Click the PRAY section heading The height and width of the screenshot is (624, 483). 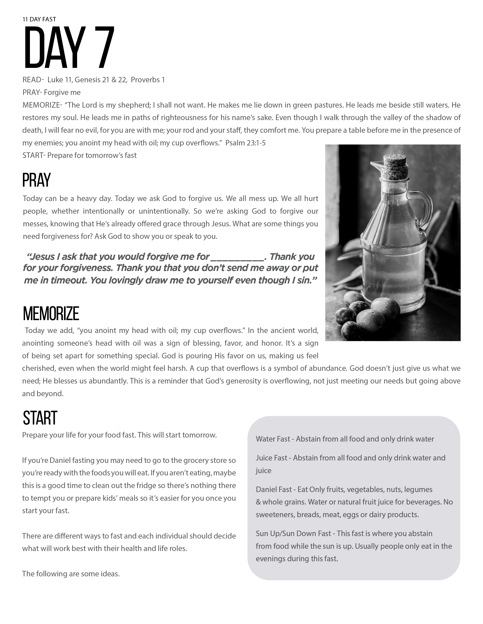pyautogui.click(x=36, y=180)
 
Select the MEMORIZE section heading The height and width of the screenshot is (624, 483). pyautogui.click(x=51, y=314)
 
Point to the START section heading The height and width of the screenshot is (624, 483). pyautogui.click(x=40, y=418)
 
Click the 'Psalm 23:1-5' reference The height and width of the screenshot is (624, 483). pyautogui.click(x=245, y=143)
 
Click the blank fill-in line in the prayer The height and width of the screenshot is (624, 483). pyautogui.click(x=237, y=257)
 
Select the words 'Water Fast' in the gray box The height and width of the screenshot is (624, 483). pyautogui.click(x=273, y=439)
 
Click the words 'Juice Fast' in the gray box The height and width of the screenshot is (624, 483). pyautogui.click(x=271, y=458)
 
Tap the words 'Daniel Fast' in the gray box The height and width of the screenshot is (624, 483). pyautogui.click(x=274, y=489)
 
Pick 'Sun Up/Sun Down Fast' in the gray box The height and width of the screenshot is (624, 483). pyautogui.click(x=293, y=533)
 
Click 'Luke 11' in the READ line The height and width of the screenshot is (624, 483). pyautogui.click(x=59, y=80)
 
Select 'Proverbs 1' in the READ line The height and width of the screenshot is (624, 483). pyautogui.click(x=148, y=80)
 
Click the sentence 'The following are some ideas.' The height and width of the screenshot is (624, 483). pyautogui.click(x=71, y=574)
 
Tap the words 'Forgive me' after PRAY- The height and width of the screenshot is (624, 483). pyautogui.click(x=62, y=92)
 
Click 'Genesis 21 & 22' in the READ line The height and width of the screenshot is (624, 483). pyautogui.click(x=100, y=80)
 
